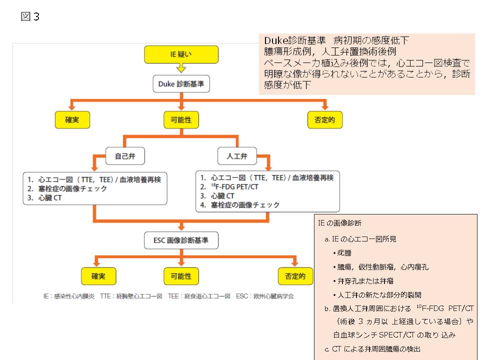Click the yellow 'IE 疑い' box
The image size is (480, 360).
pos(181,54)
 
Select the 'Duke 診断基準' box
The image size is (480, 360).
pos(181,84)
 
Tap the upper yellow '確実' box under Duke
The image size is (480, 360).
pos(72,119)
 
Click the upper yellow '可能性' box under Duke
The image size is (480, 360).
pos(181,119)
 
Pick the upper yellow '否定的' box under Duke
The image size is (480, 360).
pos(325,119)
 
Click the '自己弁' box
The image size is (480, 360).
pos(125,156)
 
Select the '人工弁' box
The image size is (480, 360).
pos(236,156)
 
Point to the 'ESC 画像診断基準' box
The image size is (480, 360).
pos(181,240)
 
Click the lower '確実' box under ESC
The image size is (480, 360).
pos(98,275)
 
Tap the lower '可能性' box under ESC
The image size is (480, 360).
pos(181,275)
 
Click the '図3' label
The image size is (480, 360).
pos(30,17)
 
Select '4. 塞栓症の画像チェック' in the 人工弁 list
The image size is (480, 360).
pos(240,205)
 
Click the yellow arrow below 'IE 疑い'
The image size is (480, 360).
pos(181,68)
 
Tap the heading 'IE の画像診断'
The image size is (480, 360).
pos(340,223)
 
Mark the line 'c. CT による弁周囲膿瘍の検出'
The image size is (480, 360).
pos(372,348)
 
